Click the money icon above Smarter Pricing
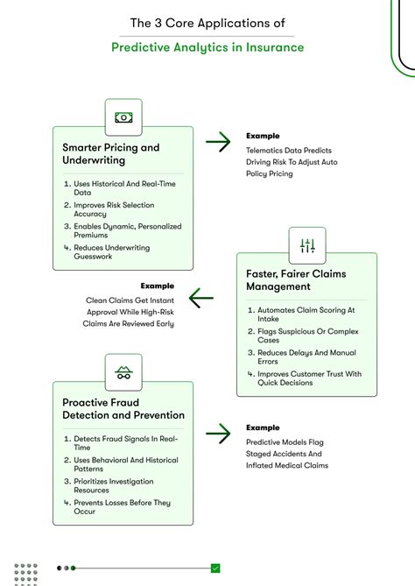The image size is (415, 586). (x=123, y=117)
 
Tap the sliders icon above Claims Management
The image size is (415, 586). (x=307, y=245)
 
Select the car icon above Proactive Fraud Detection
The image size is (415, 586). (x=123, y=373)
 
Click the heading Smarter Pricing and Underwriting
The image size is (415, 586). (x=111, y=154)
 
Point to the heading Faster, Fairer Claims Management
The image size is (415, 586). (x=296, y=280)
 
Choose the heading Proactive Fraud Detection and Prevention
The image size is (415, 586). (x=123, y=409)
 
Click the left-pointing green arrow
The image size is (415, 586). (x=201, y=299)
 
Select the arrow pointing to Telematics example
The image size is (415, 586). (x=218, y=141)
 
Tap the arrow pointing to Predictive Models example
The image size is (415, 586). (x=218, y=432)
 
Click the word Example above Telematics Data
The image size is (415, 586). (x=262, y=137)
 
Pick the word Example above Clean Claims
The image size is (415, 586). (x=157, y=286)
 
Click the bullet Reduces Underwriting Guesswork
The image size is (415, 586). (x=111, y=253)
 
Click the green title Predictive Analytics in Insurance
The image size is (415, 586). (x=207, y=47)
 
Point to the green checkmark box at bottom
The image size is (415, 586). (x=215, y=568)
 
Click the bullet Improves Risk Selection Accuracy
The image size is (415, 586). (x=114, y=210)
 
